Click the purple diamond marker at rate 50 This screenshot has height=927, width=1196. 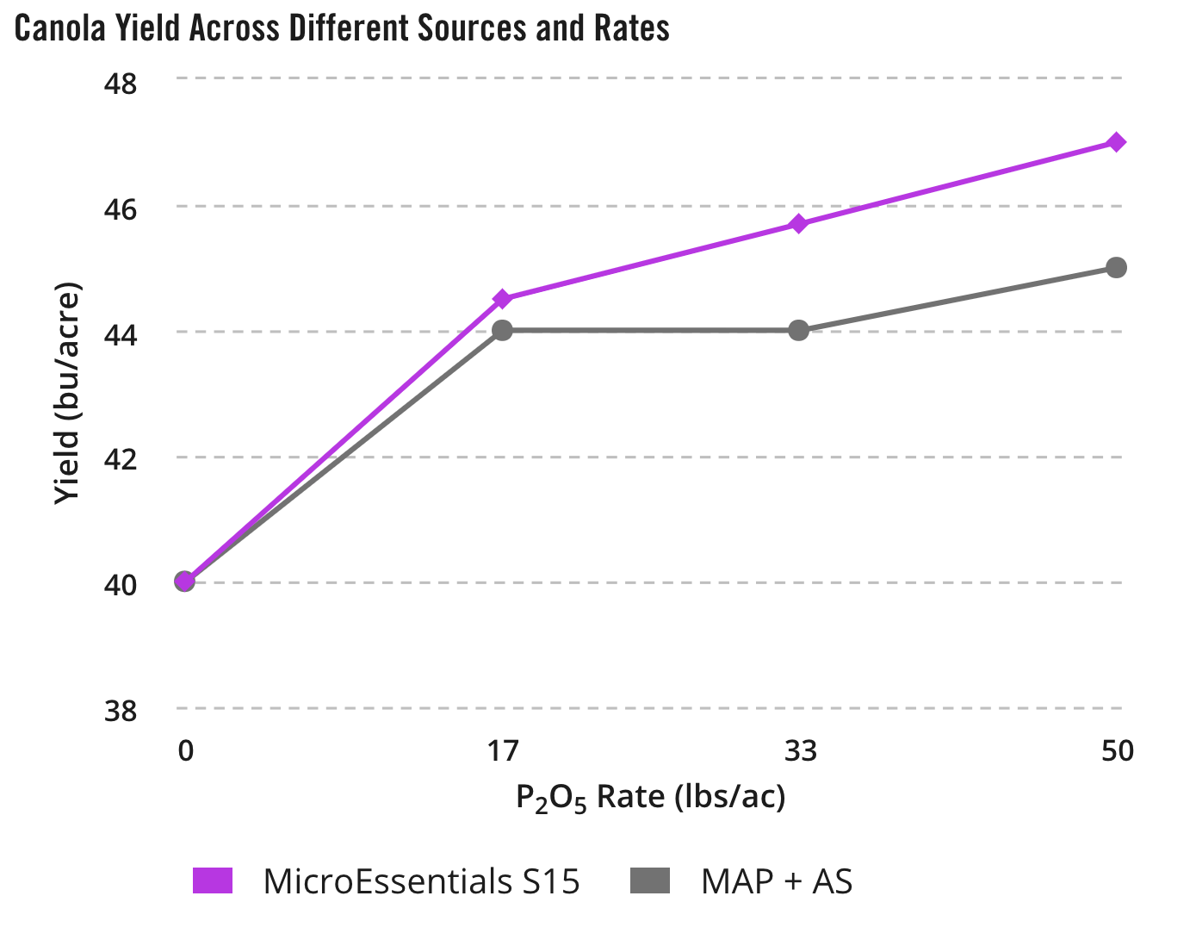[x=1116, y=142]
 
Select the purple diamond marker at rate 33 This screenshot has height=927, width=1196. [x=799, y=224]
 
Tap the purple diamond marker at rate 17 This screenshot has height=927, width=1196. [x=503, y=299]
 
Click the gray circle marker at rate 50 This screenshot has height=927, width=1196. [x=1116, y=267]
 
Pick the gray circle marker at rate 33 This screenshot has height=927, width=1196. [x=799, y=330]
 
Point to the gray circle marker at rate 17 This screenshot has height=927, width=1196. [x=503, y=330]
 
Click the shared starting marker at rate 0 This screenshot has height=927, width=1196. [x=185, y=582]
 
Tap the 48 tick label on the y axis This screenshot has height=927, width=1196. [x=120, y=84]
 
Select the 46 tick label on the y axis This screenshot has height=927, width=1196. [x=120, y=209]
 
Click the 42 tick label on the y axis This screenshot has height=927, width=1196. [x=120, y=460]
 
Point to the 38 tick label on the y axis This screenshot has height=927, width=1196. [x=120, y=712]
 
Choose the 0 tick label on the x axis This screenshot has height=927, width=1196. [x=186, y=751]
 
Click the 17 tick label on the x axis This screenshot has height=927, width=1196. [x=504, y=751]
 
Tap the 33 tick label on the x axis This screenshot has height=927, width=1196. [x=800, y=751]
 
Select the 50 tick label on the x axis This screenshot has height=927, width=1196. [x=1118, y=751]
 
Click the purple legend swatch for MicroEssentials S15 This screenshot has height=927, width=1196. [x=213, y=881]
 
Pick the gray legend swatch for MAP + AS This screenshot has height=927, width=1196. [x=650, y=881]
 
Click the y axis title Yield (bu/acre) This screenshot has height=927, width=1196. [x=67, y=393]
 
